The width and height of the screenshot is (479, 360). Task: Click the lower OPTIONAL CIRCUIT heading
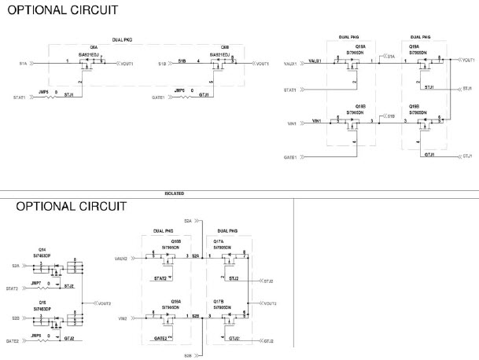pos(72,207)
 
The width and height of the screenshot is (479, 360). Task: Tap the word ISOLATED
pos(175,193)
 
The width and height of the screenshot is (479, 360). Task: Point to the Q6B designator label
pos(225,46)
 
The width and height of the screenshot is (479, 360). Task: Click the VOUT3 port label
pos(270,303)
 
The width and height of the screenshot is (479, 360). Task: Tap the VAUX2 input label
pos(120,258)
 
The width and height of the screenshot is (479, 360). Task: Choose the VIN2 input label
pos(122,318)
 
